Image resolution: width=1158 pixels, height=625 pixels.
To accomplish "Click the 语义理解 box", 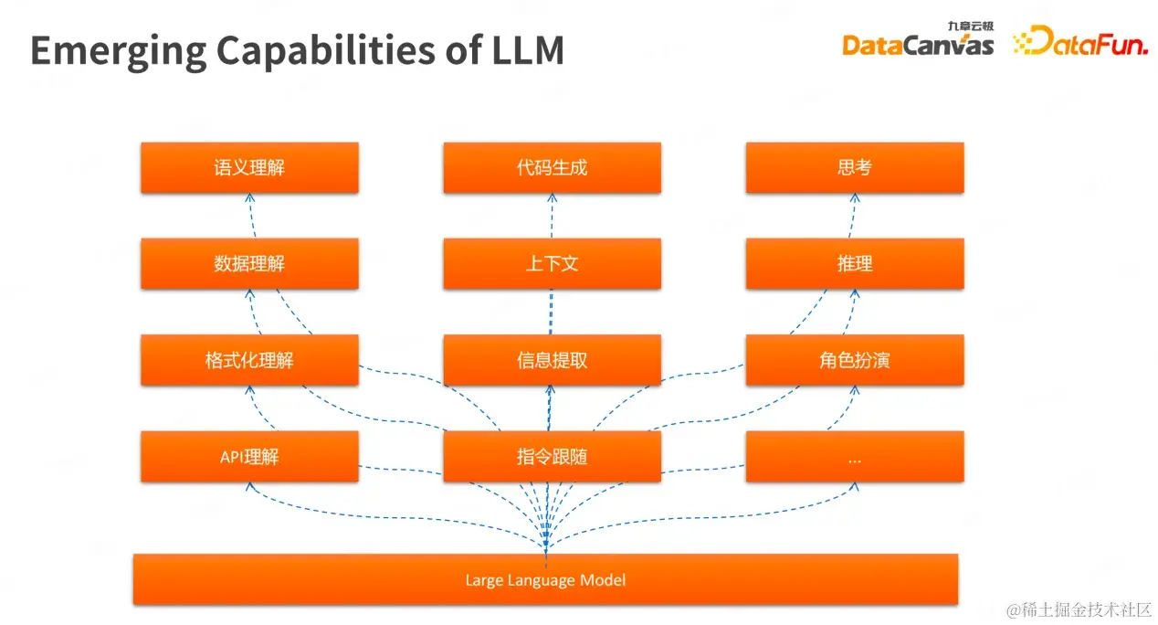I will (x=249, y=167).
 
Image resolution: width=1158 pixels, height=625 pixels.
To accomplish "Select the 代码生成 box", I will (x=552, y=167).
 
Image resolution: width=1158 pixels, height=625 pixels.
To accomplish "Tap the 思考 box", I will (x=854, y=167).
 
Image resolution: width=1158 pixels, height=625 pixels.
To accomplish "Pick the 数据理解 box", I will (x=249, y=263).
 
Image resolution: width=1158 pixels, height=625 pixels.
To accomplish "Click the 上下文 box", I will (x=552, y=263).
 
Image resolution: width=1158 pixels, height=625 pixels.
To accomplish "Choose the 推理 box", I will (x=854, y=263).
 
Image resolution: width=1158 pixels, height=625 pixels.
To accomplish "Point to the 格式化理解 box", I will (x=249, y=359).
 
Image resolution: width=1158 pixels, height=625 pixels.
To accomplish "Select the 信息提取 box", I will (x=552, y=359).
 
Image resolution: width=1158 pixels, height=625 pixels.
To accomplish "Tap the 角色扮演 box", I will (x=854, y=359).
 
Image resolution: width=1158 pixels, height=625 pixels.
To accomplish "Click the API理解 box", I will (x=249, y=456).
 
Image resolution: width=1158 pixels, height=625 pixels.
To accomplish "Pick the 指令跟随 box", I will (x=552, y=456).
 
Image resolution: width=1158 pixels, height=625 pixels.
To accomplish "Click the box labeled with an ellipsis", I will (x=854, y=456).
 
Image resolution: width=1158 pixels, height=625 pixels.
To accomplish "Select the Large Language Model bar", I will (x=545, y=579).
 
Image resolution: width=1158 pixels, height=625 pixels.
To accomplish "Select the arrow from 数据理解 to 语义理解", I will (x=252, y=216).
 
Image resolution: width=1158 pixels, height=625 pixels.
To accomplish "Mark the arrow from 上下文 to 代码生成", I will (x=552, y=216).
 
